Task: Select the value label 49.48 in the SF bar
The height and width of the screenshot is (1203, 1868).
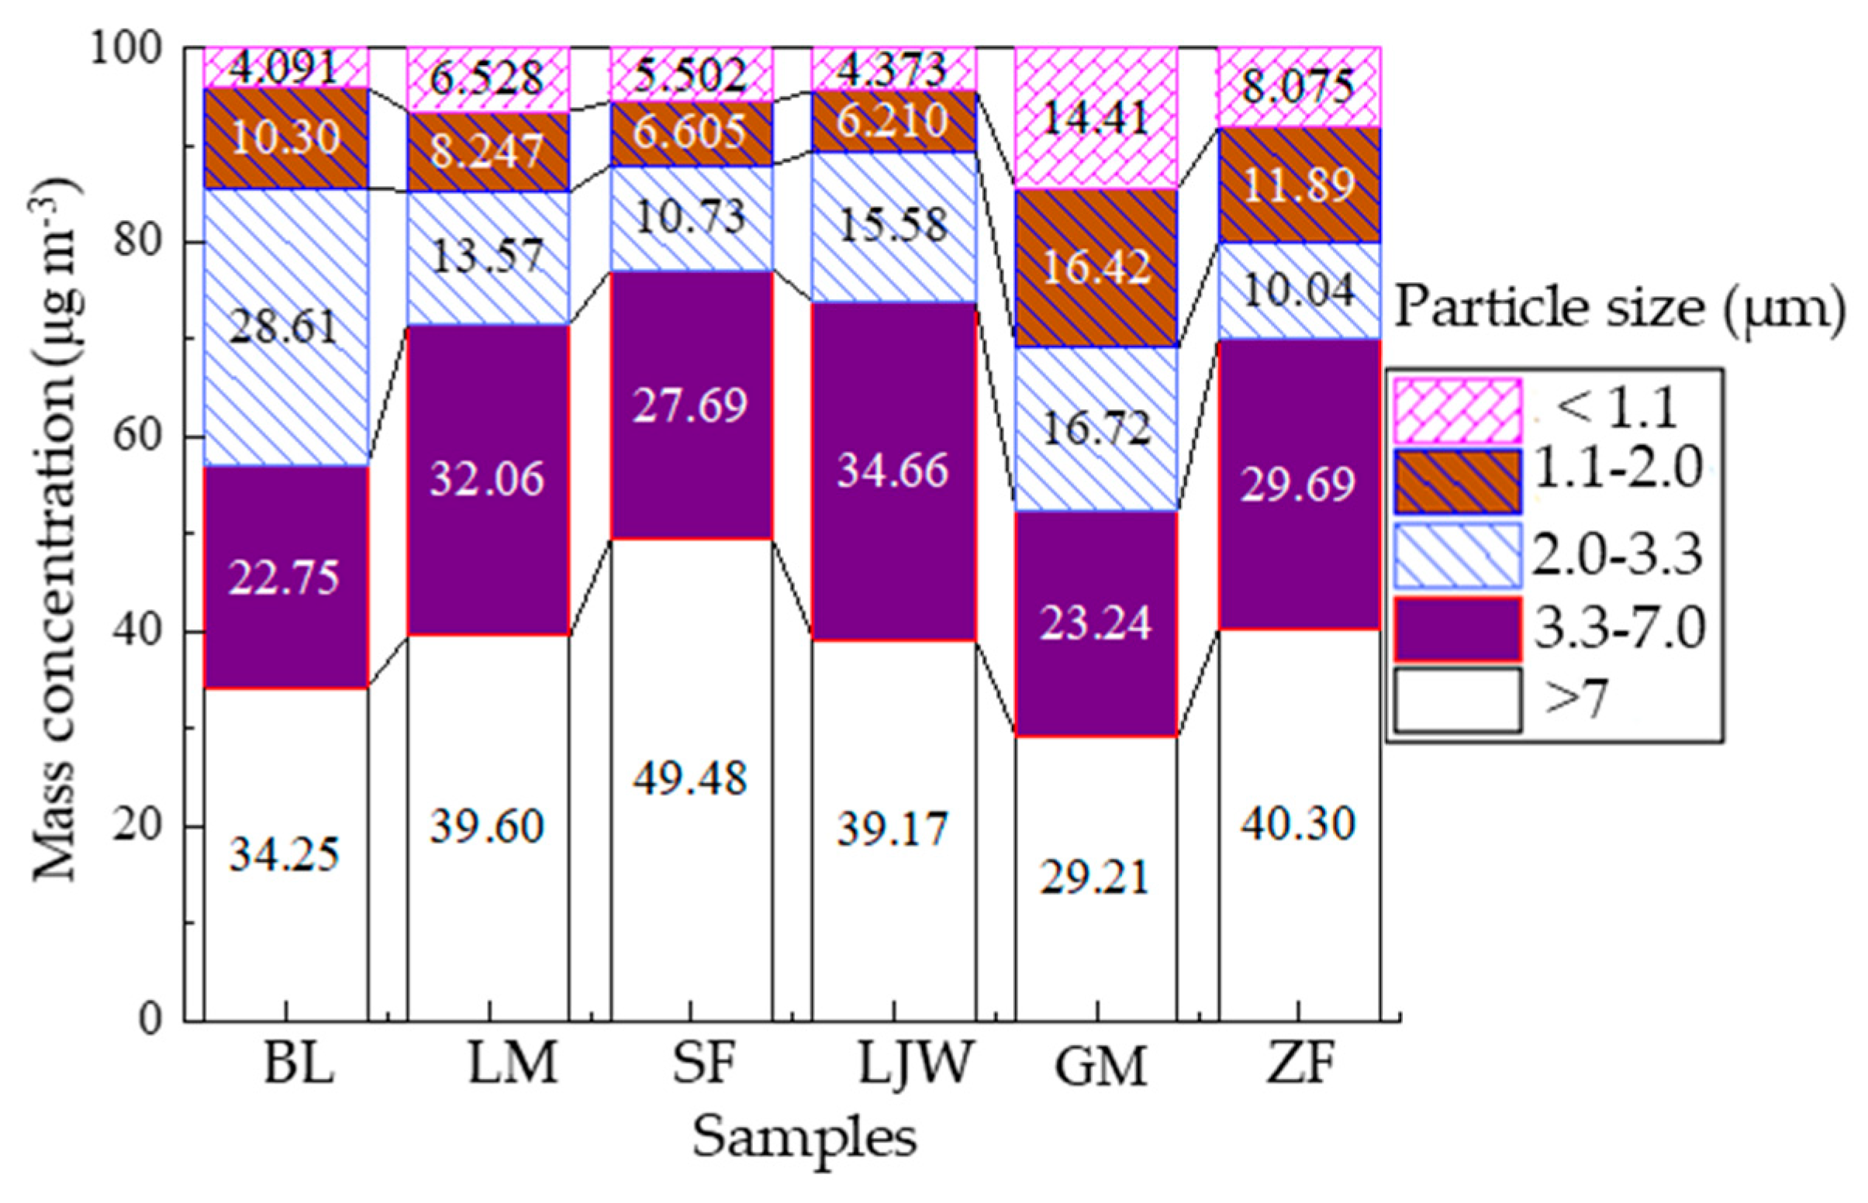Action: (691, 778)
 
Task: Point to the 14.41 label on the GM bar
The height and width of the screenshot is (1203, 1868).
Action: (1096, 119)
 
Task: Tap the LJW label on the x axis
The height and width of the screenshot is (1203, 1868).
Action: (916, 1064)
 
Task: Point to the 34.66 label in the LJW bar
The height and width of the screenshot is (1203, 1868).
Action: (893, 471)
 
